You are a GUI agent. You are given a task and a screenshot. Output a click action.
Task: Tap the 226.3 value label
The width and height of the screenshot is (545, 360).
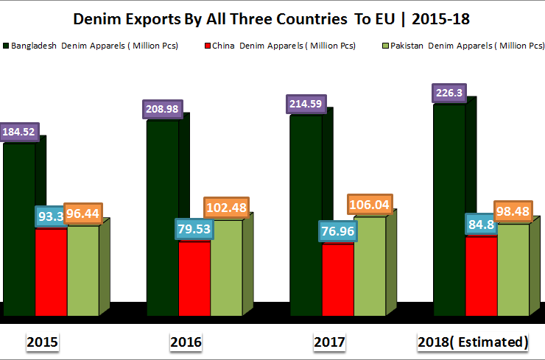(x=449, y=93)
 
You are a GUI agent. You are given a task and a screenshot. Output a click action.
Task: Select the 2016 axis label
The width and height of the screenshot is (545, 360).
(x=186, y=342)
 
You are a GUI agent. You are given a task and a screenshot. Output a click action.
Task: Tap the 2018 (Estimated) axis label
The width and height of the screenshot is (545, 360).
(x=473, y=342)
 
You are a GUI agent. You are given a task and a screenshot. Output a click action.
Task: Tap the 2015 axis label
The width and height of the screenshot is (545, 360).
(x=43, y=342)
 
